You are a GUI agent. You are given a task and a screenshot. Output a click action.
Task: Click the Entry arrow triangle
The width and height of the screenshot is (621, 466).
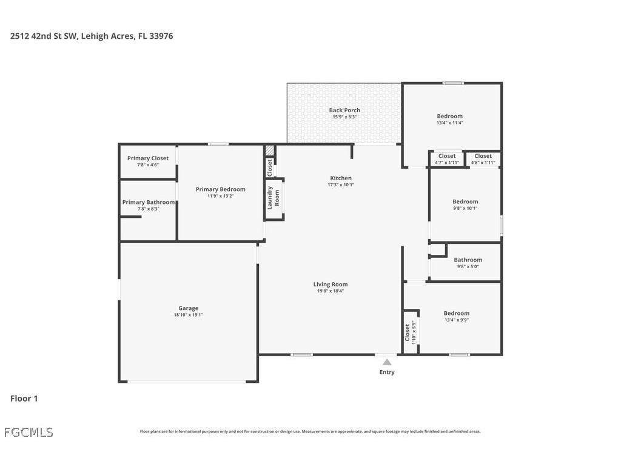387,362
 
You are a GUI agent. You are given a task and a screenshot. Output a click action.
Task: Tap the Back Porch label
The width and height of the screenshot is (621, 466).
344,110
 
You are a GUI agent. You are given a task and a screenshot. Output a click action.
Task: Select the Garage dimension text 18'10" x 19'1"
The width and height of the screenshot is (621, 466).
188,315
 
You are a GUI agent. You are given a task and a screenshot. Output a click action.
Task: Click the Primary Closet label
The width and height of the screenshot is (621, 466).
148,158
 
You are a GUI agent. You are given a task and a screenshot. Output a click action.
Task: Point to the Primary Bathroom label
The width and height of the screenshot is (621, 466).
149,202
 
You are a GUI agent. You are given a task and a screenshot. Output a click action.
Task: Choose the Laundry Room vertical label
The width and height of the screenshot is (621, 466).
274,197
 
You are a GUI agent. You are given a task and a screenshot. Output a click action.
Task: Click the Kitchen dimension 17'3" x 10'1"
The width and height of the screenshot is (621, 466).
341,185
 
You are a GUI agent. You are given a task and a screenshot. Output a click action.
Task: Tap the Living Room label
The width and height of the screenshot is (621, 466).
331,284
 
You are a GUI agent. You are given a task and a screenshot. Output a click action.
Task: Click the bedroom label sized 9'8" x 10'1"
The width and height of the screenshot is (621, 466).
465,201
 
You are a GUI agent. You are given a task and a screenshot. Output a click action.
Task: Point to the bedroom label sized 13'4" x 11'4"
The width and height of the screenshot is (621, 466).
449,116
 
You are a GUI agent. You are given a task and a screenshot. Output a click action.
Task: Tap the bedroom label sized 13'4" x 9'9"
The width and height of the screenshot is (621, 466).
456,313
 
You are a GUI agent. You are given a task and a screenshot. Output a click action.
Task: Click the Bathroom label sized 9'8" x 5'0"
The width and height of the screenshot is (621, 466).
468,260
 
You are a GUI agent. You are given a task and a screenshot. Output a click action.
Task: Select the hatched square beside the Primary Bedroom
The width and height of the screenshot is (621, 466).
270,150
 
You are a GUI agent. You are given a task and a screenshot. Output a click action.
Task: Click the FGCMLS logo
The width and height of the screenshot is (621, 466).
29,433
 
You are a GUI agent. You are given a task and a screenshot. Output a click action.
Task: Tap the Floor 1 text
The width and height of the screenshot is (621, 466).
24,399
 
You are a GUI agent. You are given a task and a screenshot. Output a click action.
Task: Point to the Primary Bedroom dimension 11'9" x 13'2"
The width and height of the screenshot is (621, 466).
220,196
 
